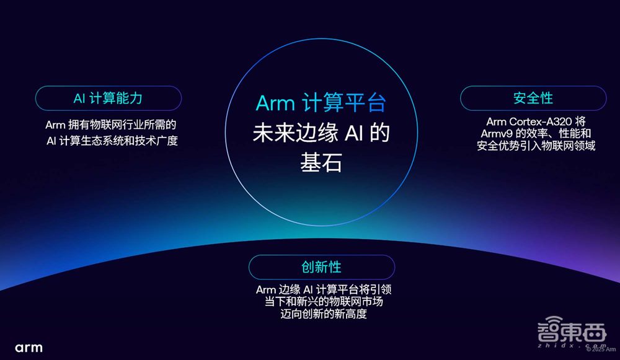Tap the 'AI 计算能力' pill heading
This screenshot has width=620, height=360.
[x=108, y=98]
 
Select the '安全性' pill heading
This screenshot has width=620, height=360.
[x=533, y=98]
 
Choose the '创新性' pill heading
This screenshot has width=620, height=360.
[x=321, y=267]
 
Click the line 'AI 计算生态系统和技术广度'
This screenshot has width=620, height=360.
[x=112, y=141]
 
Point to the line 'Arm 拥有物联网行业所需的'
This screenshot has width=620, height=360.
[x=112, y=124]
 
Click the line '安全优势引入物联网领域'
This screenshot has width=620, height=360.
[x=536, y=146]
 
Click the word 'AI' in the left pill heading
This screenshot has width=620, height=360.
[x=79, y=98]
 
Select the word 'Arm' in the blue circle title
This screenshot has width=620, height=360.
[x=275, y=103]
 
